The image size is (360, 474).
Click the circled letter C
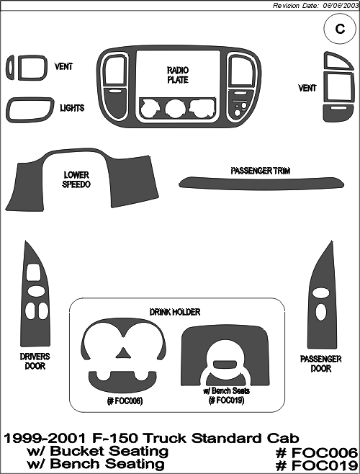tap(340, 29)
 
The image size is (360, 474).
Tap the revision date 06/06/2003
tap(340, 6)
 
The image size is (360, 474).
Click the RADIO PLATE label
tap(178, 75)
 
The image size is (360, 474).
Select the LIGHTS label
tap(72, 108)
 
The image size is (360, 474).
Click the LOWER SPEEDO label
tap(76, 179)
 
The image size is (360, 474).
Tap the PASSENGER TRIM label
tap(260, 171)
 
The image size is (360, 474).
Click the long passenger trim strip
tap(261, 184)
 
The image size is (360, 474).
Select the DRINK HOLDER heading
tap(175, 312)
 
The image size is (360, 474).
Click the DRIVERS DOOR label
tap(35, 361)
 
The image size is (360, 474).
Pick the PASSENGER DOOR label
tap(320, 364)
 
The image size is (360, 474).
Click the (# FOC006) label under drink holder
tap(125, 401)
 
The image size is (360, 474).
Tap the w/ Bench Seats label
tap(226, 391)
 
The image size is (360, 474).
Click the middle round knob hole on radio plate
tap(175, 108)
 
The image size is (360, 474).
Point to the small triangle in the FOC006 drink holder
tap(123, 353)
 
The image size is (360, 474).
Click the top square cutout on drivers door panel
tap(33, 272)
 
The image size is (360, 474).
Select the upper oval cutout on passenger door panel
tap(320, 292)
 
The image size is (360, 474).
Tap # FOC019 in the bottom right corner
tap(317, 465)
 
